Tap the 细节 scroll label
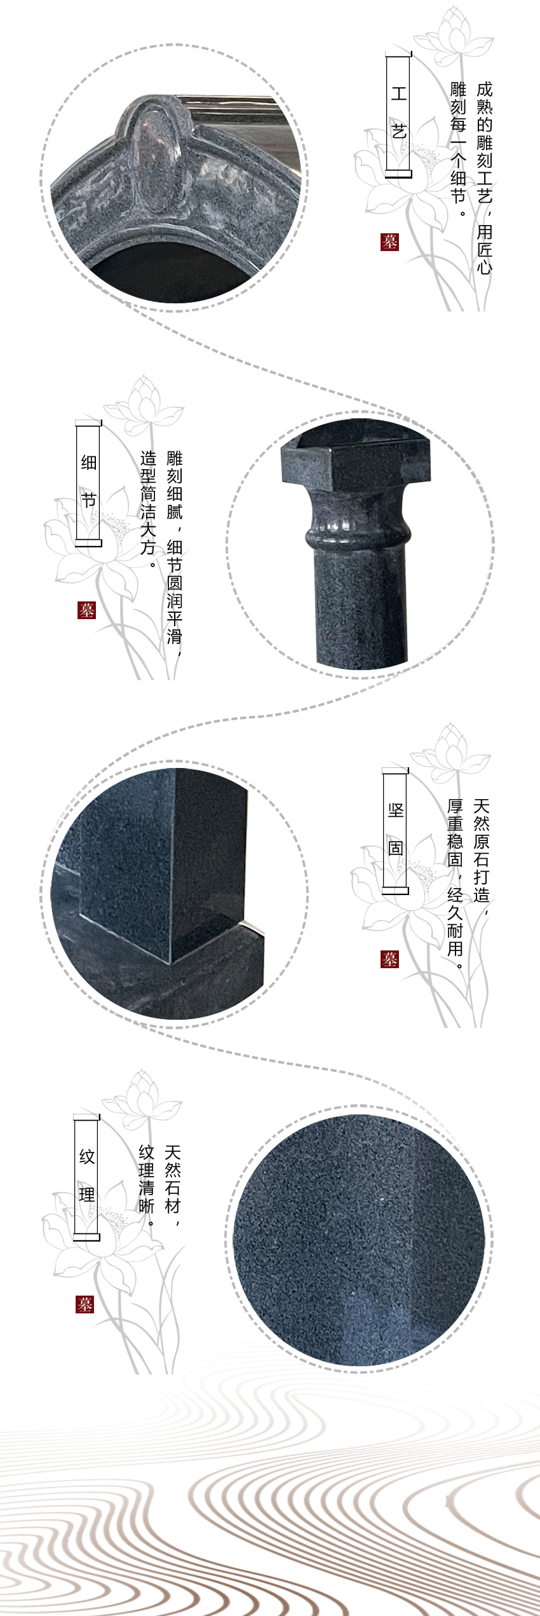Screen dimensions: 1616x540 click(x=88, y=481)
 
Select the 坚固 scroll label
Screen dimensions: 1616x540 click(x=395, y=829)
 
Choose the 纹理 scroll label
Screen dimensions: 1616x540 click(x=87, y=1176)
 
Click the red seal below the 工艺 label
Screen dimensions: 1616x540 click(x=389, y=242)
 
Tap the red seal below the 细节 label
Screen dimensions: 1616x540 click(x=86, y=610)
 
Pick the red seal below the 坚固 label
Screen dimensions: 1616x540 click(x=389, y=959)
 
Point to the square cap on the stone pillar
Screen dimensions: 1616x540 click(x=356, y=465)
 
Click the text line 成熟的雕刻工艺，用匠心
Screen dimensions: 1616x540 click(x=484, y=177)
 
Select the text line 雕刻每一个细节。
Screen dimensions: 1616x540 click(x=458, y=149)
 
